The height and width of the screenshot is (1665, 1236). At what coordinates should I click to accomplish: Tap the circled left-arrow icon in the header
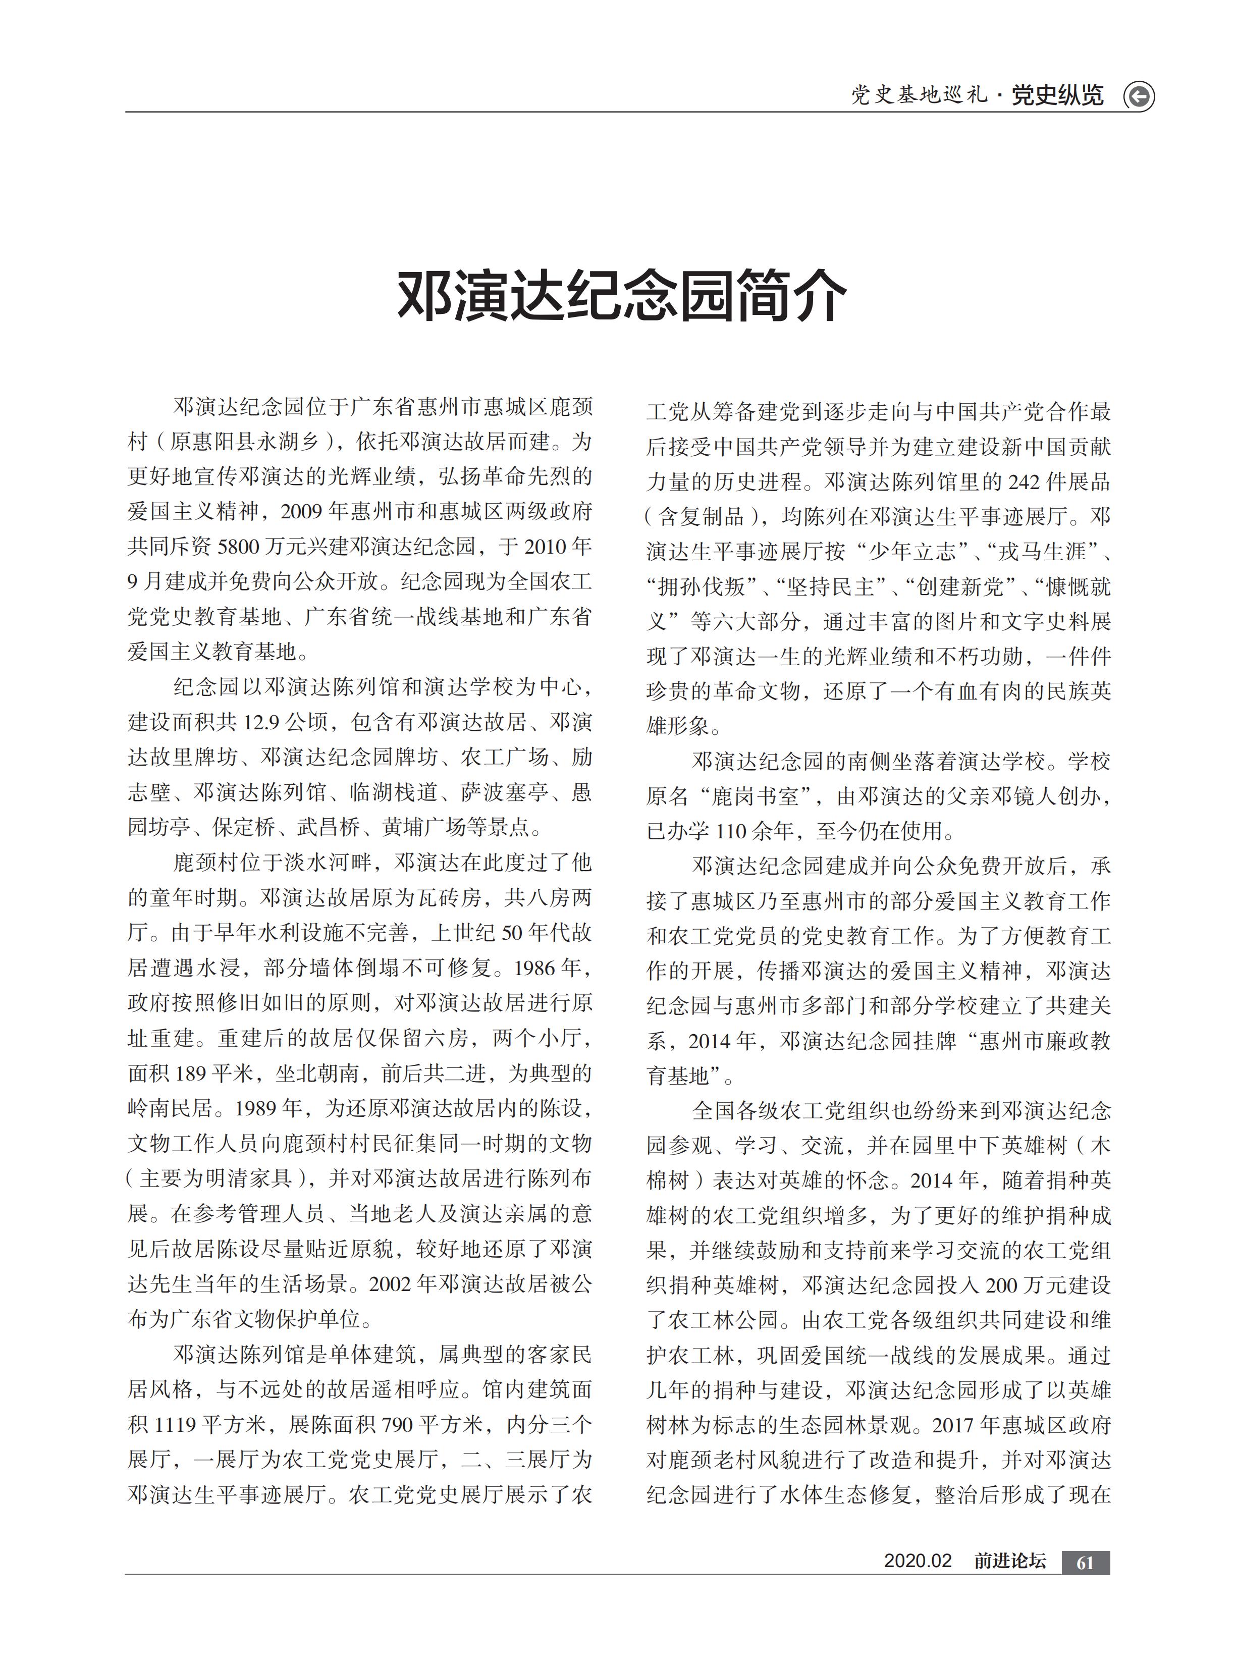coord(1139,96)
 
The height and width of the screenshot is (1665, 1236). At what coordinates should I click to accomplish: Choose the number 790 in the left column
coord(397,1423)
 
